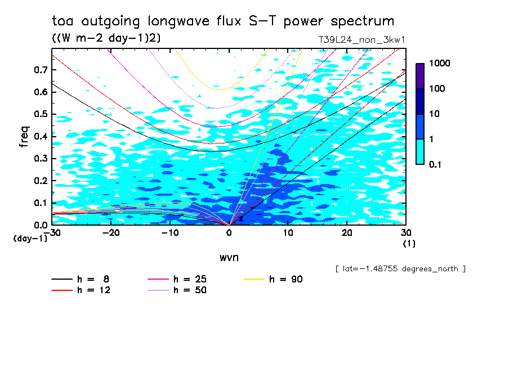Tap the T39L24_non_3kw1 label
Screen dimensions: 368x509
point(362,40)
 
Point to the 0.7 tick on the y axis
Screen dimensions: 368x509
point(41,70)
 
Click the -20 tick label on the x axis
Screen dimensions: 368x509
point(111,233)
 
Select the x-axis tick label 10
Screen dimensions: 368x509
point(288,233)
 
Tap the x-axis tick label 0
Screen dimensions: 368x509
point(229,233)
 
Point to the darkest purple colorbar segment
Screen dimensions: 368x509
point(420,76)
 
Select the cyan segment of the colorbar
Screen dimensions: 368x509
point(420,151)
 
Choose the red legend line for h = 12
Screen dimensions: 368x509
point(62,290)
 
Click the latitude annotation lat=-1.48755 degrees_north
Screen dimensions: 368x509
point(400,269)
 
